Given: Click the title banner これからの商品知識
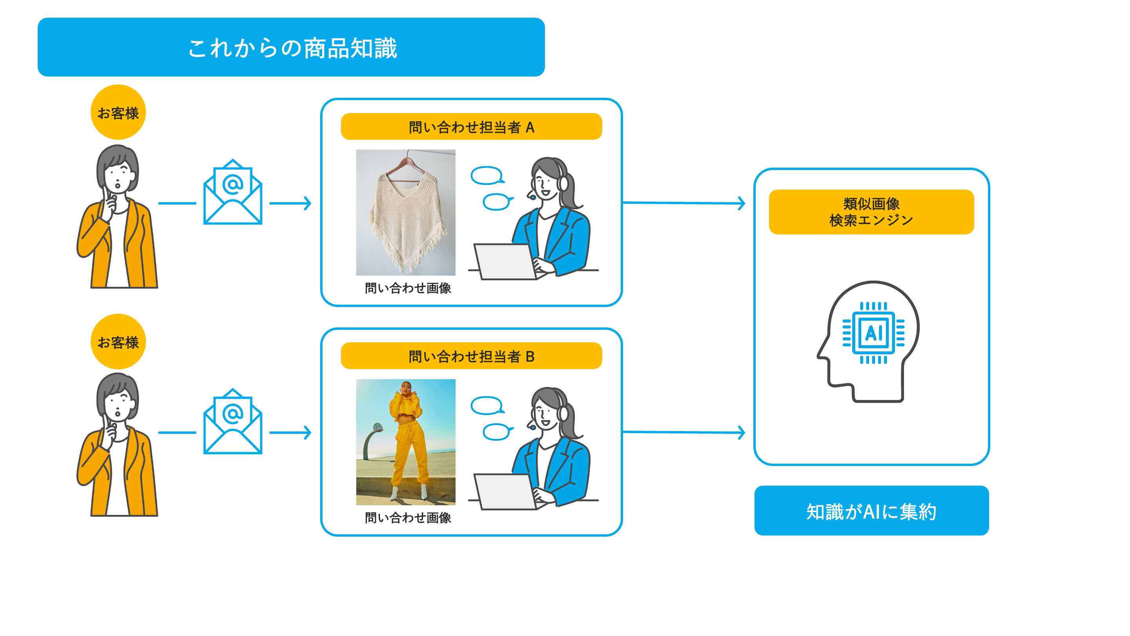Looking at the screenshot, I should (291, 47).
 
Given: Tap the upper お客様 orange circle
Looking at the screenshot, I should (118, 112).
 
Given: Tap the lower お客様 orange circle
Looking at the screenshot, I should (118, 342).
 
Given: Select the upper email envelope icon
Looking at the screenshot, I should (233, 193).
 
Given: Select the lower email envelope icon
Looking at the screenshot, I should (233, 422).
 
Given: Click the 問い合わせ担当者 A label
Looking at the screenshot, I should (471, 127).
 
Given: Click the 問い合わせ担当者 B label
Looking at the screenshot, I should (471, 356).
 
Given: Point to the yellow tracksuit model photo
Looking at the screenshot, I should (405, 442).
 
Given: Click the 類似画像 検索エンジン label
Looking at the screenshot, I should (871, 212).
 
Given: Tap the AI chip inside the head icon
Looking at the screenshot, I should (873, 333).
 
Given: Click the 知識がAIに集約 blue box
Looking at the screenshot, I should (871, 510).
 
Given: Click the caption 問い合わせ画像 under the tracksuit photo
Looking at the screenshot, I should (408, 517).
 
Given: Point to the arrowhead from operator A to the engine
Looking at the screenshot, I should (741, 203).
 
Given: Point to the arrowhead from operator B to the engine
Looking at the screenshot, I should (741, 432).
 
